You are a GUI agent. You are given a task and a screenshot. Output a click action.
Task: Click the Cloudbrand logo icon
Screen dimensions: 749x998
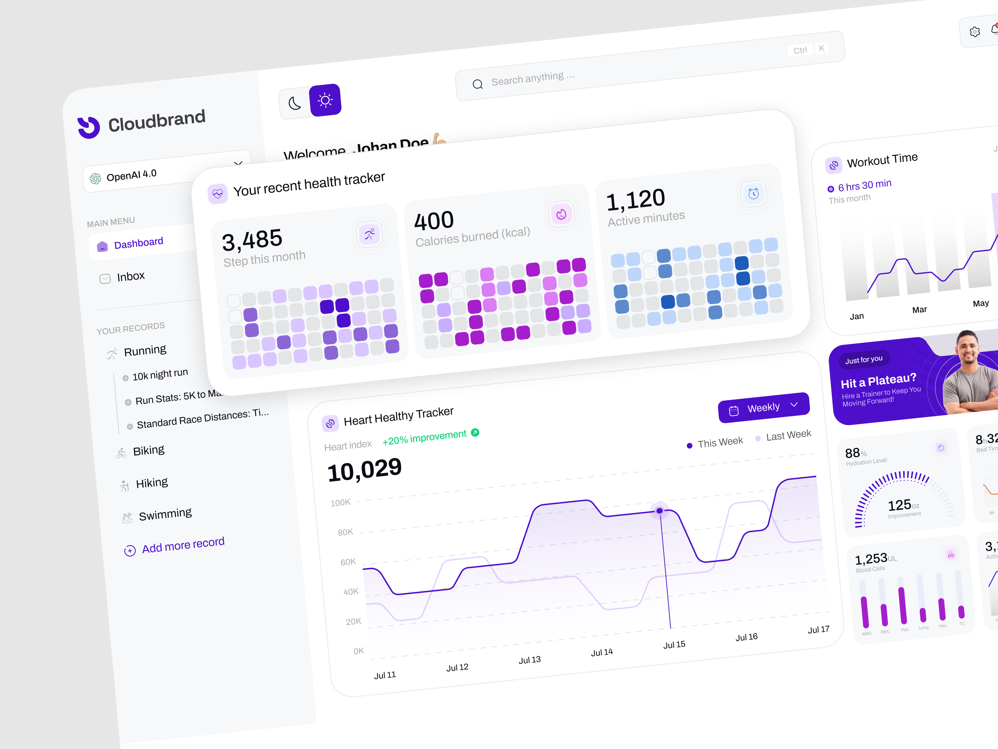point(89,127)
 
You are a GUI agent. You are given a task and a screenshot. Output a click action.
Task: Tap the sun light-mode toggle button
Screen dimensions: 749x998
point(325,100)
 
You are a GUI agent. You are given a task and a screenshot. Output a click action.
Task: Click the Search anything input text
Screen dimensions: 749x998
point(532,79)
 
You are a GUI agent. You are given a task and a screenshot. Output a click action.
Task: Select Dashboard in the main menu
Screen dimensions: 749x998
point(138,243)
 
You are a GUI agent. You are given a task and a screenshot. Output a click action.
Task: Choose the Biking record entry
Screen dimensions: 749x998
point(148,450)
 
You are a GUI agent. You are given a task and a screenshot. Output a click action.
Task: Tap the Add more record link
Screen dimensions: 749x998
point(183,545)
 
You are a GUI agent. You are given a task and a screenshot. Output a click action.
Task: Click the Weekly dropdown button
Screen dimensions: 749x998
point(763,408)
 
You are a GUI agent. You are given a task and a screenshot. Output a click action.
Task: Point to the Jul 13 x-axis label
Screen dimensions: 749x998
point(529,660)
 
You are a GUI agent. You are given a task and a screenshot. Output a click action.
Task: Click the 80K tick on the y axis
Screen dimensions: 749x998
point(345,532)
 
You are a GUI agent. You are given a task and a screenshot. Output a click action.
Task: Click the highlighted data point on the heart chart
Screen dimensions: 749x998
point(660,511)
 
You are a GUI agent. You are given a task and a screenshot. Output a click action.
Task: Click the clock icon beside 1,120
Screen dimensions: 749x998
point(753,194)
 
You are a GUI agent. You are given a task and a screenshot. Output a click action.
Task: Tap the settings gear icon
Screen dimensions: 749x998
point(975,32)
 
